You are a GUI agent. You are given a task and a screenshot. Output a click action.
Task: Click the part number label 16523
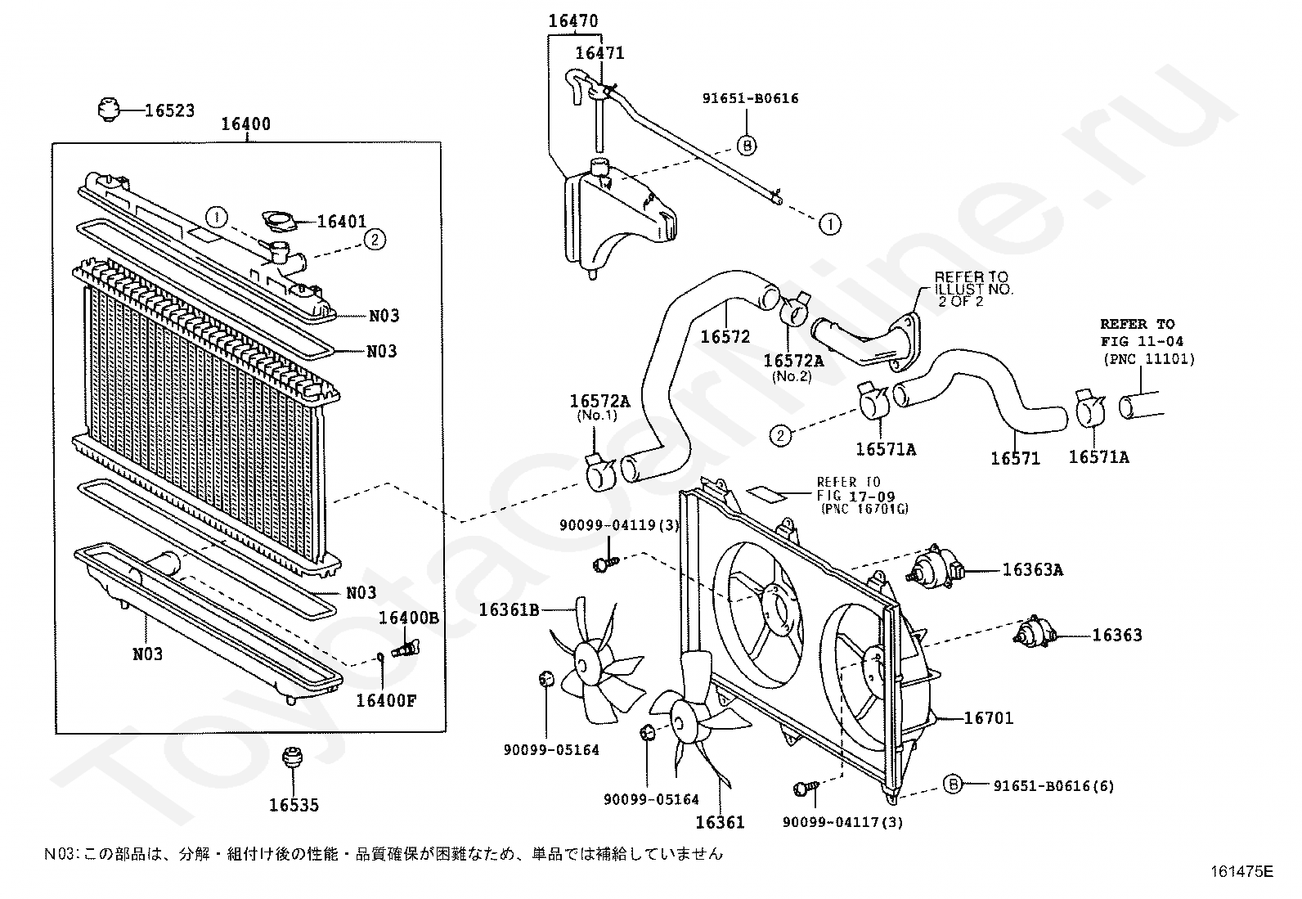(x=169, y=110)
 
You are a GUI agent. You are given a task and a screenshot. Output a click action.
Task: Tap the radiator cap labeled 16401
(x=278, y=220)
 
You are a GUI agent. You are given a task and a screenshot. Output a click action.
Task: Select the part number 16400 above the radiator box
(x=246, y=124)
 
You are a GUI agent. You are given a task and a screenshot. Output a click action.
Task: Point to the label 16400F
(x=386, y=701)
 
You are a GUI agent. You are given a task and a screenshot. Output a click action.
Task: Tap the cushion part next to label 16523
(x=107, y=110)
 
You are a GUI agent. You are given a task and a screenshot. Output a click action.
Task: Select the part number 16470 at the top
(x=573, y=21)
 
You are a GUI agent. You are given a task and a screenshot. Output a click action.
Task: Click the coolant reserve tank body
(x=616, y=221)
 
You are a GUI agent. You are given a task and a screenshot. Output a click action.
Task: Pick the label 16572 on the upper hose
(x=725, y=337)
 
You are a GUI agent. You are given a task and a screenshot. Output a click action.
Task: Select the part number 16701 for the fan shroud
(x=989, y=719)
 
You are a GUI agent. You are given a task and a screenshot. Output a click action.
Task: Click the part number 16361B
(x=510, y=610)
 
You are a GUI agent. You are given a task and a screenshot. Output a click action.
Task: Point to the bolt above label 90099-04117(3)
(x=806, y=788)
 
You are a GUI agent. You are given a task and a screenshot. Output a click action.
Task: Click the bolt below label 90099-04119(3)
(x=606, y=562)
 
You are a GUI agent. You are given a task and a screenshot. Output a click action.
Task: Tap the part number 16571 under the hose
(x=1016, y=459)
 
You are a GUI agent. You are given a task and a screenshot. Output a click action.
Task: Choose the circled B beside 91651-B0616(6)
(x=953, y=784)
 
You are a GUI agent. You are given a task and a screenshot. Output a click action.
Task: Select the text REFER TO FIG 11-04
(x=1142, y=333)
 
